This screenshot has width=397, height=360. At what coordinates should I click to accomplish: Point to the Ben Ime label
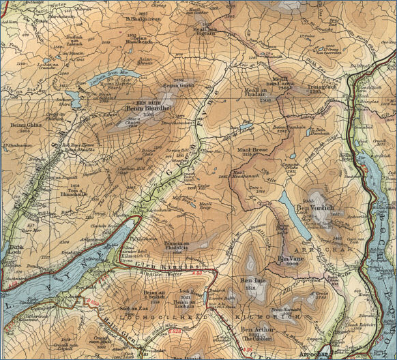tap(253, 280)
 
